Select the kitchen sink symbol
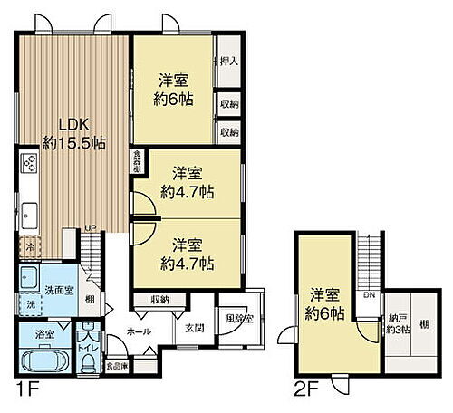[x=28, y=216]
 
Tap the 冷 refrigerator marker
[x=29, y=245]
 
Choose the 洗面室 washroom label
[x=58, y=290]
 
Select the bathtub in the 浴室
[x=40, y=359]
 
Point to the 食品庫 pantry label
[x=115, y=367]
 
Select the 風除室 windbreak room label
[x=238, y=318]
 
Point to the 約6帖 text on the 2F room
[x=325, y=313]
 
